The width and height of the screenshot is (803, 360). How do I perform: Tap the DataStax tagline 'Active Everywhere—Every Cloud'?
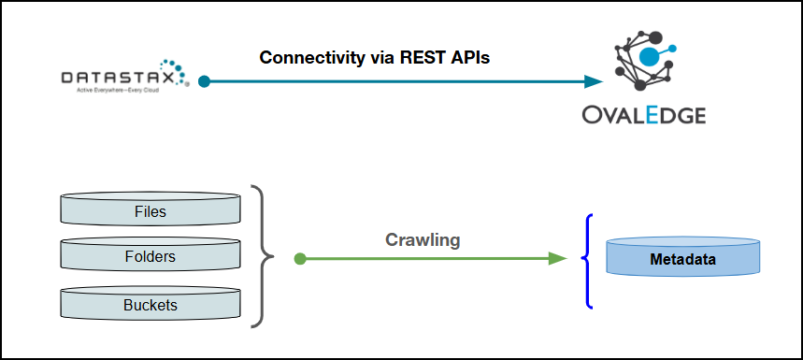(x=118, y=90)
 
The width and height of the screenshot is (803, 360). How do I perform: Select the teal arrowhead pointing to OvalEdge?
(x=594, y=81)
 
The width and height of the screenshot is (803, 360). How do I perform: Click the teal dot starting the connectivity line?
(x=205, y=81)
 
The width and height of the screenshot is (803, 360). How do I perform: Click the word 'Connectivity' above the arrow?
(x=312, y=58)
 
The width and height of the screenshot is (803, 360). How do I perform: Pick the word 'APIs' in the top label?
(x=471, y=57)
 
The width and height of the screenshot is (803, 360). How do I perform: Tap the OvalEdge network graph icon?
(x=645, y=61)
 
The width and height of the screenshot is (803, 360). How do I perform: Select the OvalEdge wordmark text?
(x=644, y=114)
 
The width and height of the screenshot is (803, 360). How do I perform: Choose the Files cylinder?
(x=151, y=209)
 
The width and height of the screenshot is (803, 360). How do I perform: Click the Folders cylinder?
(x=151, y=255)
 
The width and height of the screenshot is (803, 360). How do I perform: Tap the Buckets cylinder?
(x=151, y=302)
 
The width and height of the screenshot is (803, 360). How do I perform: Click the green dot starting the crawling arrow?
(x=300, y=259)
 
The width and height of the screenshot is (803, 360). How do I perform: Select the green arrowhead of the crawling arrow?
(x=557, y=259)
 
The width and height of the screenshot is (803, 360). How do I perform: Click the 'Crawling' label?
(x=423, y=239)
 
